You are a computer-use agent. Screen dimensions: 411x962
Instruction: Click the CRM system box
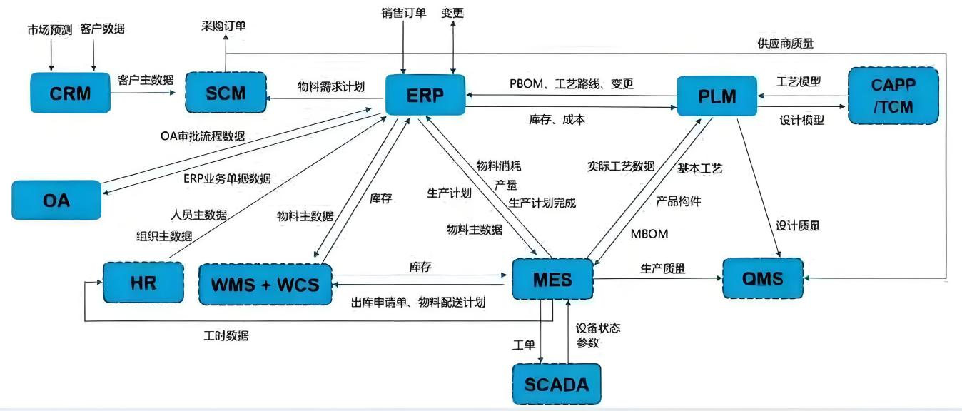tap(71, 92)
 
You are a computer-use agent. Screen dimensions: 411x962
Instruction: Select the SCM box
tap(225, 92)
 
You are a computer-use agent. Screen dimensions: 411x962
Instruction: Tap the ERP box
tap(425, 95)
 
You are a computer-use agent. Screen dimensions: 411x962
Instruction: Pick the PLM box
tap(717, 96)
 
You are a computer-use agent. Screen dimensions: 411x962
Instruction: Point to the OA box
tap(56, 200)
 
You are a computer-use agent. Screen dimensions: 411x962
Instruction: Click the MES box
tap(552, 278)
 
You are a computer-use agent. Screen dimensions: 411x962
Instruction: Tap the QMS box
tap(762, 278)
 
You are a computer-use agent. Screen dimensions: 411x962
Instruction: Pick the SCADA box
tap(557, 384)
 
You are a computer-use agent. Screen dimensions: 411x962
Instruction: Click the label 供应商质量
tap(785, 44)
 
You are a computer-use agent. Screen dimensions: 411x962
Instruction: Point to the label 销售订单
tap(403, 12)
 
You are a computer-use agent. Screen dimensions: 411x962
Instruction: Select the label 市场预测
tap(49, 30)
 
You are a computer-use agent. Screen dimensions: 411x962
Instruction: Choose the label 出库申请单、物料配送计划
tap(418, 302)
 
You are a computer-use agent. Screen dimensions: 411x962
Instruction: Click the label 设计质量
tap(798, 225)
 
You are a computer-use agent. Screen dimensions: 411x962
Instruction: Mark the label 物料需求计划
tap(330, 86)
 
